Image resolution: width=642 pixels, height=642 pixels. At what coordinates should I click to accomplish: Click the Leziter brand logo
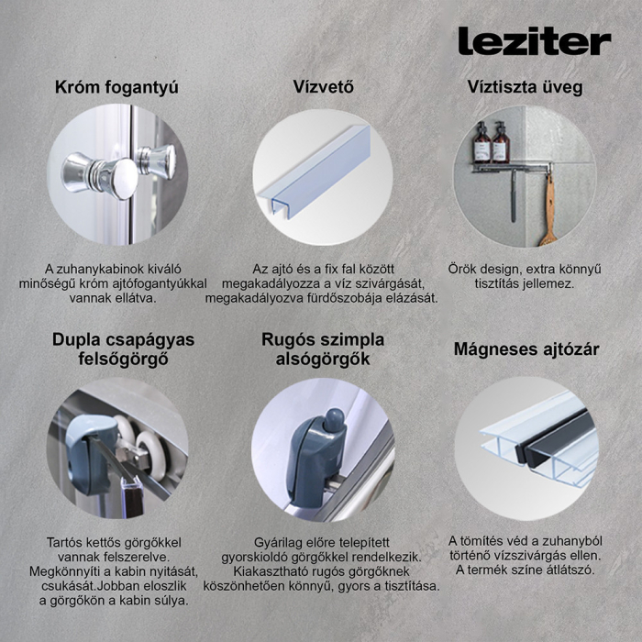(534, 40)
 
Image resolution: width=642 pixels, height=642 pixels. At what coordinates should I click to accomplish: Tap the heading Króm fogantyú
(116, 88)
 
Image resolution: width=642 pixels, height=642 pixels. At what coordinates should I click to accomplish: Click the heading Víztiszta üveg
(524, 88)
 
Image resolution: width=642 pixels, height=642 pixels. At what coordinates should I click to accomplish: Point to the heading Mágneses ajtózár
(526, 349)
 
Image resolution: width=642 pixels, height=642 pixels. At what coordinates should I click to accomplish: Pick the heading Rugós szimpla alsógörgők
(323, 349)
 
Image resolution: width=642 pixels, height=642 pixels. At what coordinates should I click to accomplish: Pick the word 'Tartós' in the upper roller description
(68, 542)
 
